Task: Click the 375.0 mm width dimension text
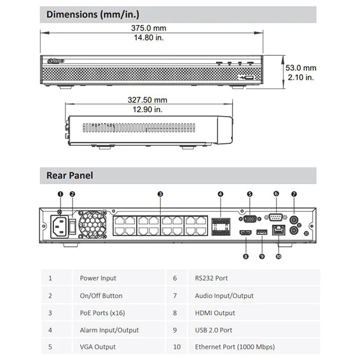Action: (x=149, y=28)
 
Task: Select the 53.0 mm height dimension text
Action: (x=301, y=68)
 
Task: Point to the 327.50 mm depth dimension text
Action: (x=148, y=100)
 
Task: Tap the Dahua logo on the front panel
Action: (x=56, y=61)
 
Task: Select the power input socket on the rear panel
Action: (x=59, y=227)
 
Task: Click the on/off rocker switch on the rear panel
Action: (x=73, y=226)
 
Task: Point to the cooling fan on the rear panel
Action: (x=92, y=225)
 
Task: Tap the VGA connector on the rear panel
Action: (x=250, y=219)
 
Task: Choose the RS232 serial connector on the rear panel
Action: (x=276, y=217)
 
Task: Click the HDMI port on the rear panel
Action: (x=245, y=233)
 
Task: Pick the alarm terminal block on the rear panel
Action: (x=221, y=227)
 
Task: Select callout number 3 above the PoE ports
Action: (x=160, y=194)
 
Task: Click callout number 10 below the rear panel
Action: (x=278, y=256)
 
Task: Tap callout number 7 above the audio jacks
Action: (x=294, y=194)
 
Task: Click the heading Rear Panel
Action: (x=70, y=176)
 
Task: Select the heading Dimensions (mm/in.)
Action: (x=93, y=14)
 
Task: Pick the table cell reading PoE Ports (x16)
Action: (x=103, y=313)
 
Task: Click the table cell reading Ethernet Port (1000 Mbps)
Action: (x=235, y=347)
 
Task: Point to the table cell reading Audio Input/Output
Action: (x=224, y=296)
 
